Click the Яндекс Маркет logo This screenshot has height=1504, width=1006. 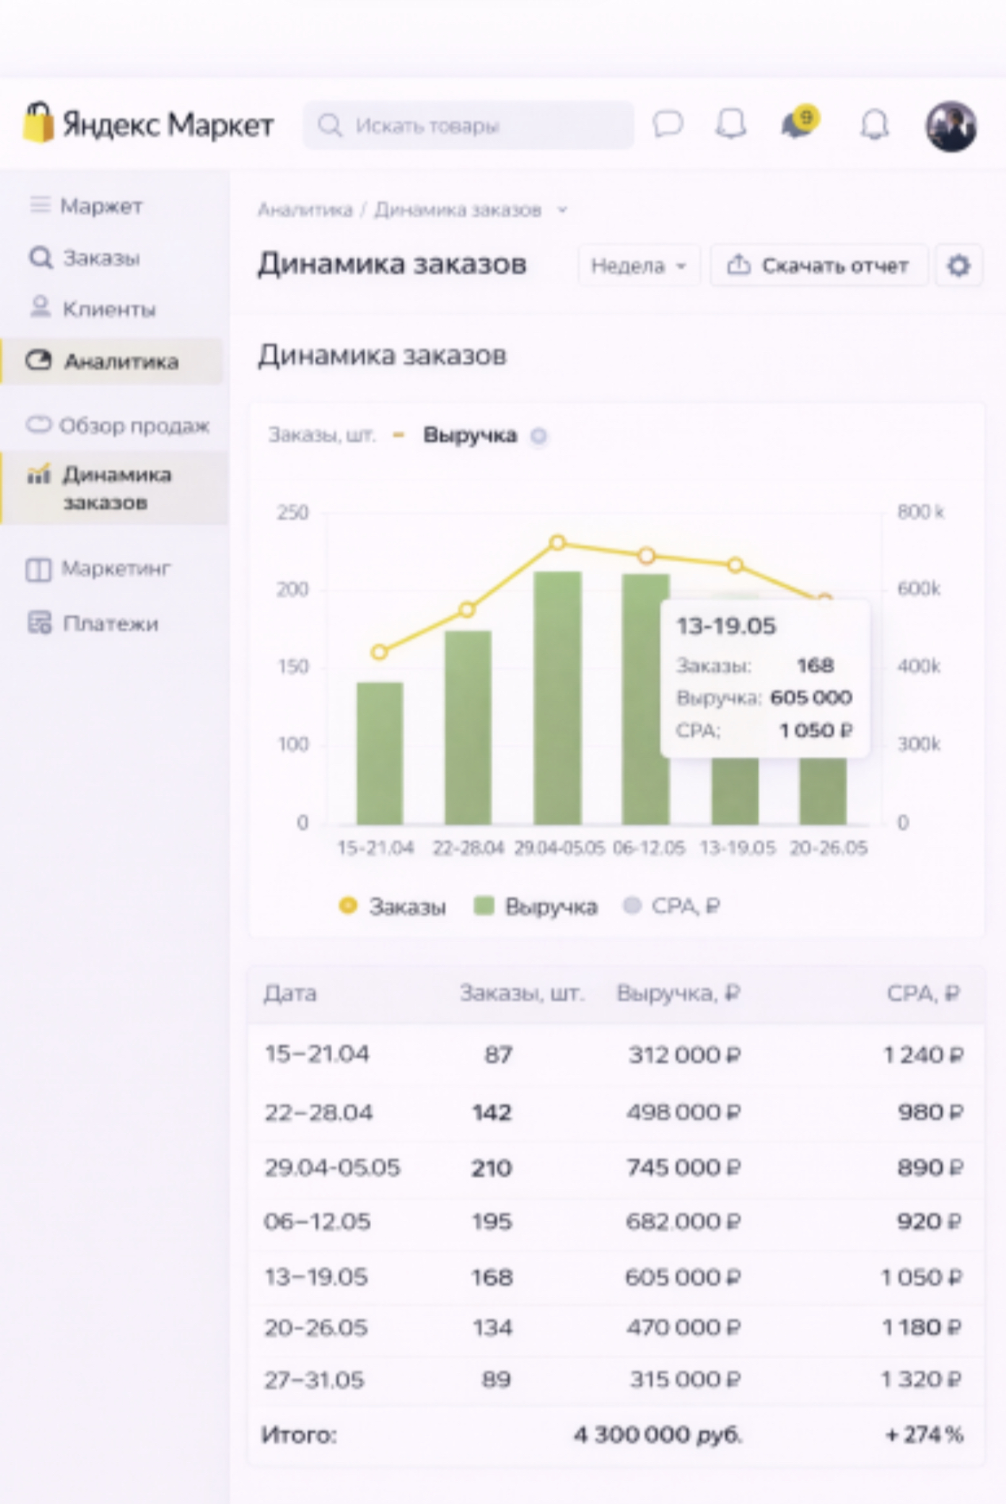[x=148, y=124]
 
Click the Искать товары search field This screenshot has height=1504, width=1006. [x=468, y=125]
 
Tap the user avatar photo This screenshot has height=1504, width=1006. [x=951, y=125]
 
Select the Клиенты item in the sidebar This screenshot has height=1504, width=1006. [x=109, y=309]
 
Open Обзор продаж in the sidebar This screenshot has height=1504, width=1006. [x=133, y=426]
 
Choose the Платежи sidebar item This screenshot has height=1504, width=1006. [x=109, y=624]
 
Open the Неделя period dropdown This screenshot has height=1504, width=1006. [x=638, y=266]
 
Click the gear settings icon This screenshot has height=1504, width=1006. [x=958, y=266]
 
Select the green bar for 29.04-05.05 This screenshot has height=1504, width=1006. [x=557, y=698]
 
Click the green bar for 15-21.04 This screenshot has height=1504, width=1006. [x=380, y=753]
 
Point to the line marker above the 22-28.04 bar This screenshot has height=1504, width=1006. [x=467, y=610]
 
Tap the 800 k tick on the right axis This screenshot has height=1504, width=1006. [x=920, y=512]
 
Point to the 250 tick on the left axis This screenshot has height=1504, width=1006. [x=293, y=513]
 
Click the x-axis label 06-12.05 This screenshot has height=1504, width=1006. [x=648, y=848]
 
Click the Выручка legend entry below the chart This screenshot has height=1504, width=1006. [x=536, y=906]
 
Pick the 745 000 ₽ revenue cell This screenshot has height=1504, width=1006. [x=683, y=1168]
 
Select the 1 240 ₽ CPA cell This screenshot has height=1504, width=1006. [x=923, y=1055]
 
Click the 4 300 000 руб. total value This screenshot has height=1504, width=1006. [x=658, y=1435]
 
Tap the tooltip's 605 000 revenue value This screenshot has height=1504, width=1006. [x=810, y=698]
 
